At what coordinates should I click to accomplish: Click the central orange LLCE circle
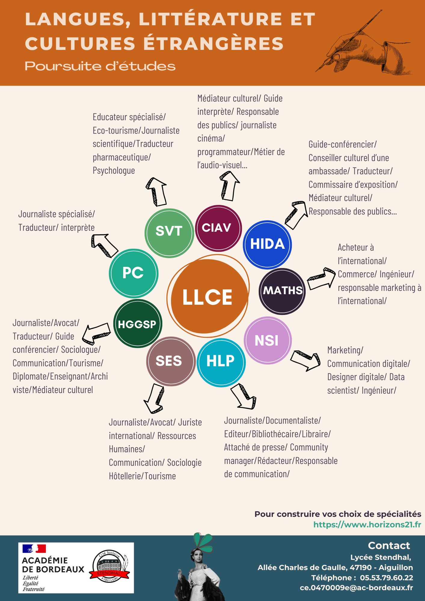coord(208,296)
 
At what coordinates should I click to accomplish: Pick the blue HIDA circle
coord(267,244)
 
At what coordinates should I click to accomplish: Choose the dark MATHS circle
coord(282,291)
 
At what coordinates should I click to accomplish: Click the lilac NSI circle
coord(267,340)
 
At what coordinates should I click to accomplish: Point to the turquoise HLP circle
coord(221,362)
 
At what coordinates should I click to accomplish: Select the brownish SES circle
coord(170,361)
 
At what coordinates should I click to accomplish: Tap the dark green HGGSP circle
coord(138,324)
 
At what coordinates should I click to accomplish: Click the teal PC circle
coord(133,273)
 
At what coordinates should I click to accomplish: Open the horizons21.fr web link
coord(367,525)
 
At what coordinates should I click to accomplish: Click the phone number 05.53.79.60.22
coord(386,578)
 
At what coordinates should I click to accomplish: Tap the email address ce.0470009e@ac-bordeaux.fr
coord(356,588)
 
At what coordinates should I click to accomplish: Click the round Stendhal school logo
coord(109,567)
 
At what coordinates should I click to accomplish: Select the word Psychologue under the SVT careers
coord(114,171)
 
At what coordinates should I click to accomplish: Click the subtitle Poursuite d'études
coord(100,66)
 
